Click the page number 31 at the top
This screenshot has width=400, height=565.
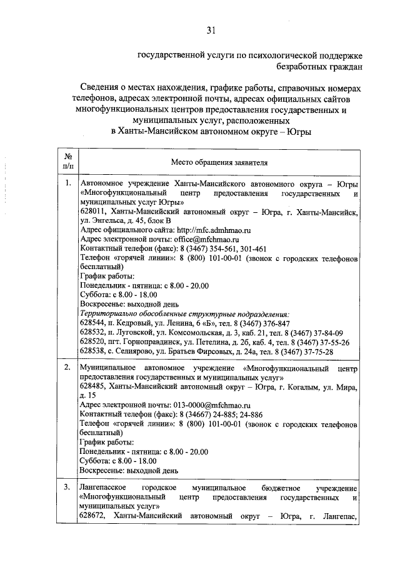tap(211, 29)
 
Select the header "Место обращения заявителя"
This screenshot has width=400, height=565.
tap(219, 163)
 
